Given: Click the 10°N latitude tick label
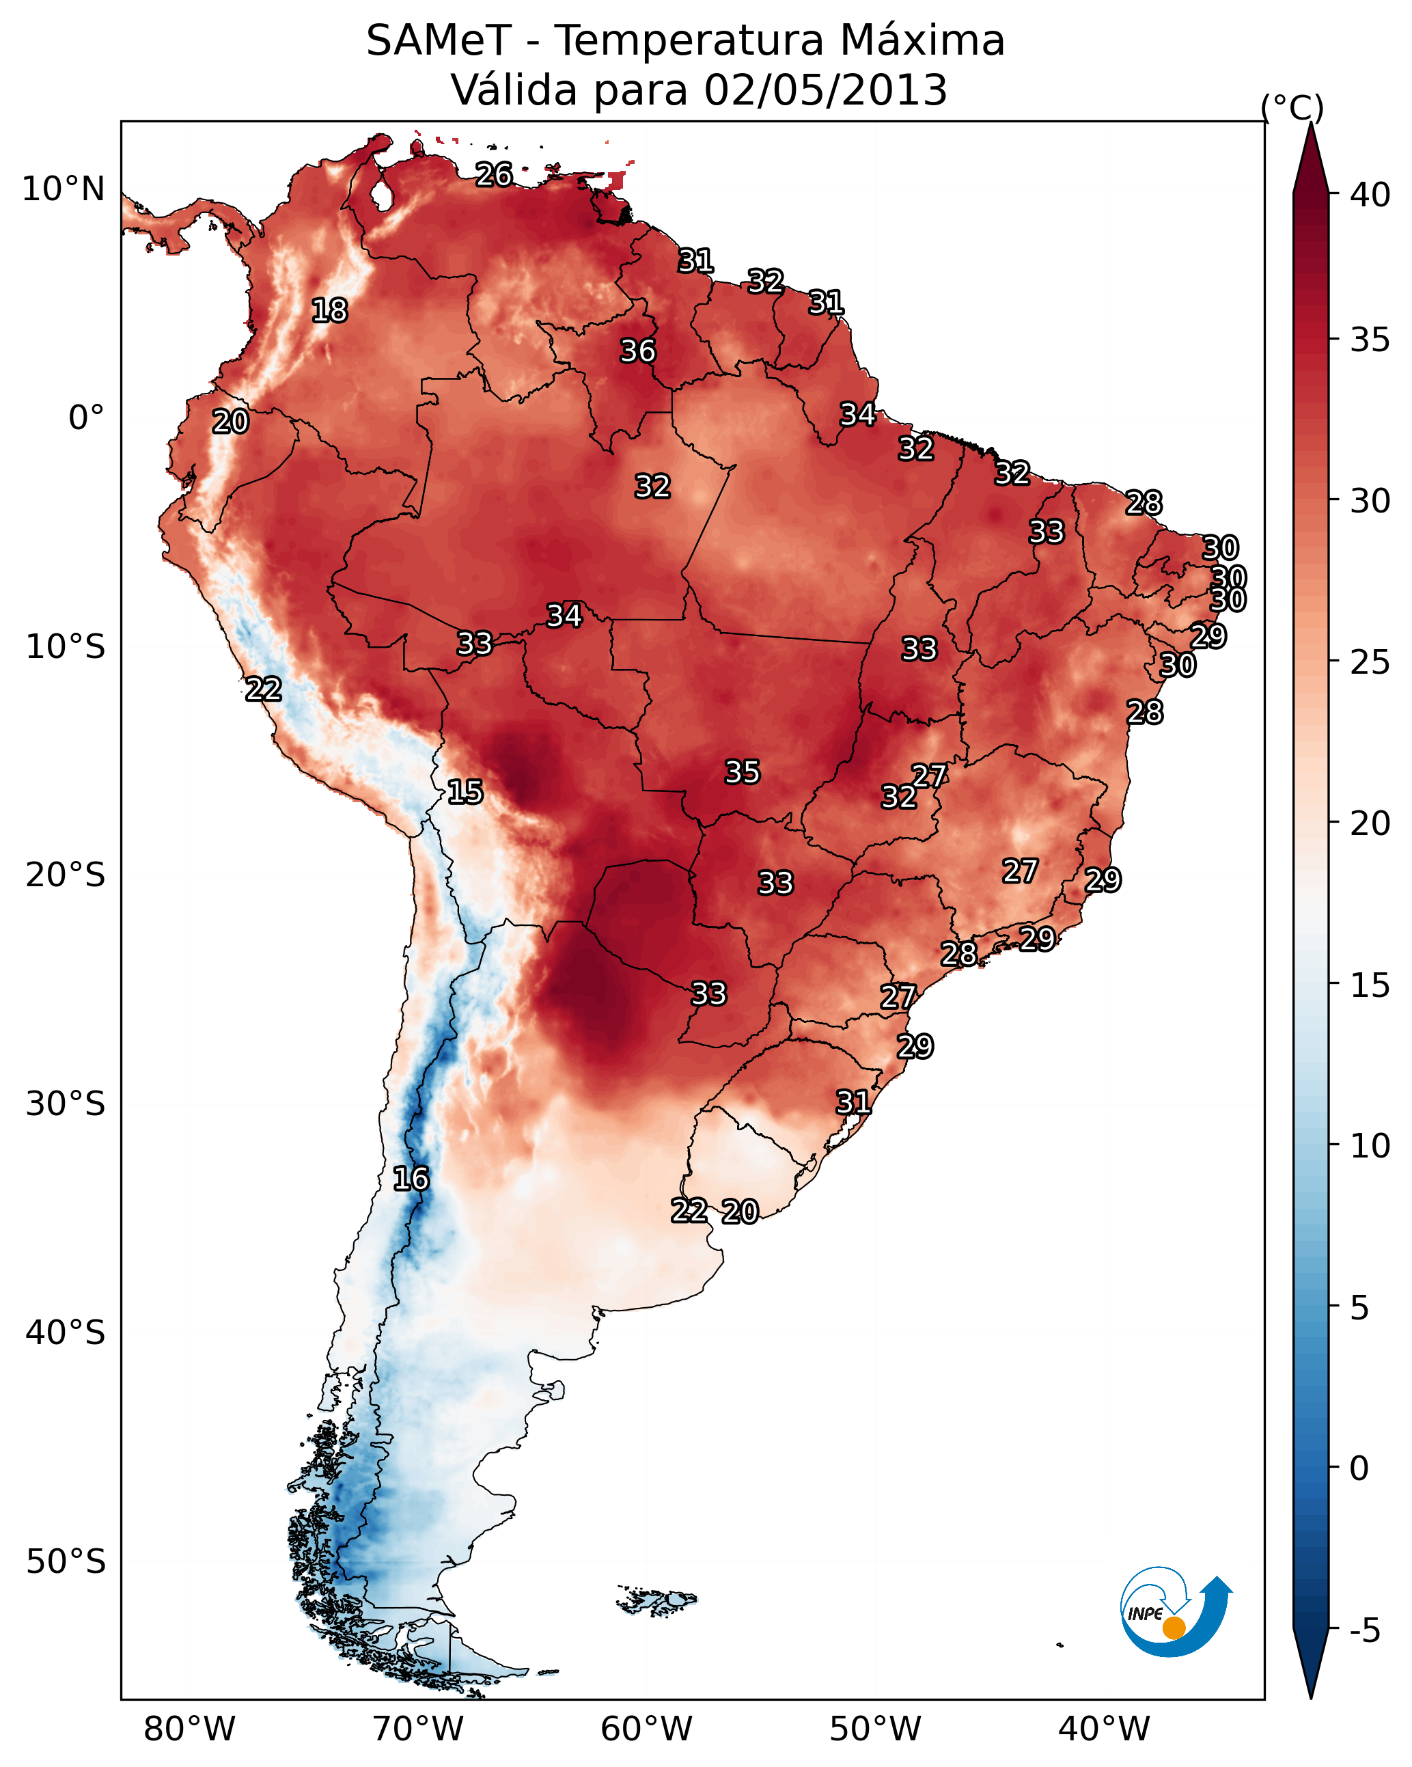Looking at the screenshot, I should pos(63,189).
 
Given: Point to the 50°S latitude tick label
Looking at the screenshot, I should pos(66,1562).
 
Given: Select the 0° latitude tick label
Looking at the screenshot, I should pos(86,418).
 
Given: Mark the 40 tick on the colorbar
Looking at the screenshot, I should pos(1370,195).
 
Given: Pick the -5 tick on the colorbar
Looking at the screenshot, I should pos(1363,1631).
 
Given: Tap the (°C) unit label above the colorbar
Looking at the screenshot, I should pos(1292,108).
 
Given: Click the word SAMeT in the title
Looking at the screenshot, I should pos(439,41).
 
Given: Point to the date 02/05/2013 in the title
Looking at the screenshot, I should pos(825,90).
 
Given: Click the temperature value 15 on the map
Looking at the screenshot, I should pos(465,793).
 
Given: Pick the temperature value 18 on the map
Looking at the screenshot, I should pos(329,311).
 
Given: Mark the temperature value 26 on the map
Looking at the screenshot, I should pos(494,174).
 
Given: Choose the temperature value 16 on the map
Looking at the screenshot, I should pos(411,1179).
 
